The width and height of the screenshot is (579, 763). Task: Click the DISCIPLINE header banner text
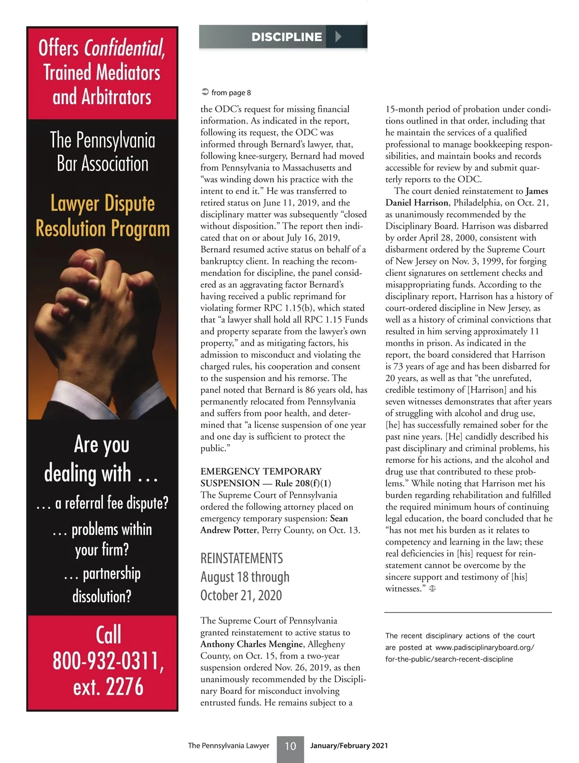[x=287, y=37]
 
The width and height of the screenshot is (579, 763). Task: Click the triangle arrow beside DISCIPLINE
[x=338, y=37]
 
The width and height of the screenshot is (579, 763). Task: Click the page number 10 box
[x=290, y=746]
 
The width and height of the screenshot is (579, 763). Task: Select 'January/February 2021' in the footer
[x=349, y=746]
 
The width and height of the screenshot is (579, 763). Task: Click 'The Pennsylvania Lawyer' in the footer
[x=228, y=746]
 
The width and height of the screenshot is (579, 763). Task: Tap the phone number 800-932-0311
[x=108, y=661]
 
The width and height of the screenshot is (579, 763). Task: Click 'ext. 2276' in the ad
[x=108, y=687]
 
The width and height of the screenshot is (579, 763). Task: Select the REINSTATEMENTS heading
[x=242, y=559]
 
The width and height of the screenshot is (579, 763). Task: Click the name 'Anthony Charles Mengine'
[x=252, y=644]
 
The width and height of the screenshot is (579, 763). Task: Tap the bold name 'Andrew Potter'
[x=228, y=530]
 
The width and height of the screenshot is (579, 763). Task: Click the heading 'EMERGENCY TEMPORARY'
[x=261, y=471]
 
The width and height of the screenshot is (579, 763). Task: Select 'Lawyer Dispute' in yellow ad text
[x=103, y=204]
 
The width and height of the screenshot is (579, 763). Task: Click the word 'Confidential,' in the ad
[x=124, y=48]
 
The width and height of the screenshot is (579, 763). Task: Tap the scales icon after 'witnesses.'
[x=432, y=588]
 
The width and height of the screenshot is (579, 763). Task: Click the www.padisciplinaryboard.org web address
[x=484, y=648]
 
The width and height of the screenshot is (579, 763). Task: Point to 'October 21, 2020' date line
[x=241, y=596]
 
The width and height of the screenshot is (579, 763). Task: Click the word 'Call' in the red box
[x=108, y=635]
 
